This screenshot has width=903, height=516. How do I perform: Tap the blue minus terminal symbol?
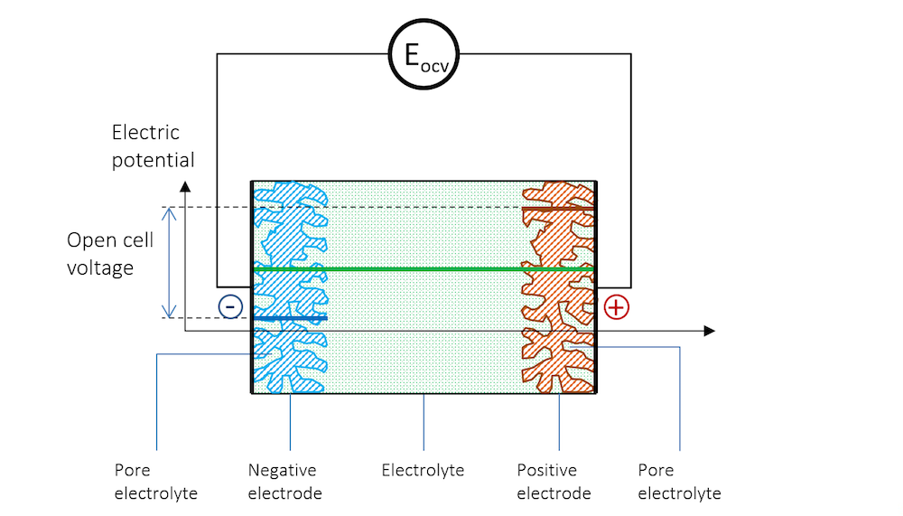point(230,307)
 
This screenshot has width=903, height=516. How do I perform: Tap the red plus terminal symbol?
point(616,307)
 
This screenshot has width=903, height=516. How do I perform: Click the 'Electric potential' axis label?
point(153,146)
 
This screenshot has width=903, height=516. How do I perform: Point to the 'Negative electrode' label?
point(283,482)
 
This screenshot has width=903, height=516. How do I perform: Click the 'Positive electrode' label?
point(554,482)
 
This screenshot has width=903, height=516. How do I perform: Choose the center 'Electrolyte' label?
point(423,470)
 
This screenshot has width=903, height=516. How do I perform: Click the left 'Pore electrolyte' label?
point(156,482)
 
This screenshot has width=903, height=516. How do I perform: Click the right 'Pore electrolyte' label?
point(679,482)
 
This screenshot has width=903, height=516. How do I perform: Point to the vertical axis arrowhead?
point(185,186)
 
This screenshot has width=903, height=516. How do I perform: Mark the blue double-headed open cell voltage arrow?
point(168,262)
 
